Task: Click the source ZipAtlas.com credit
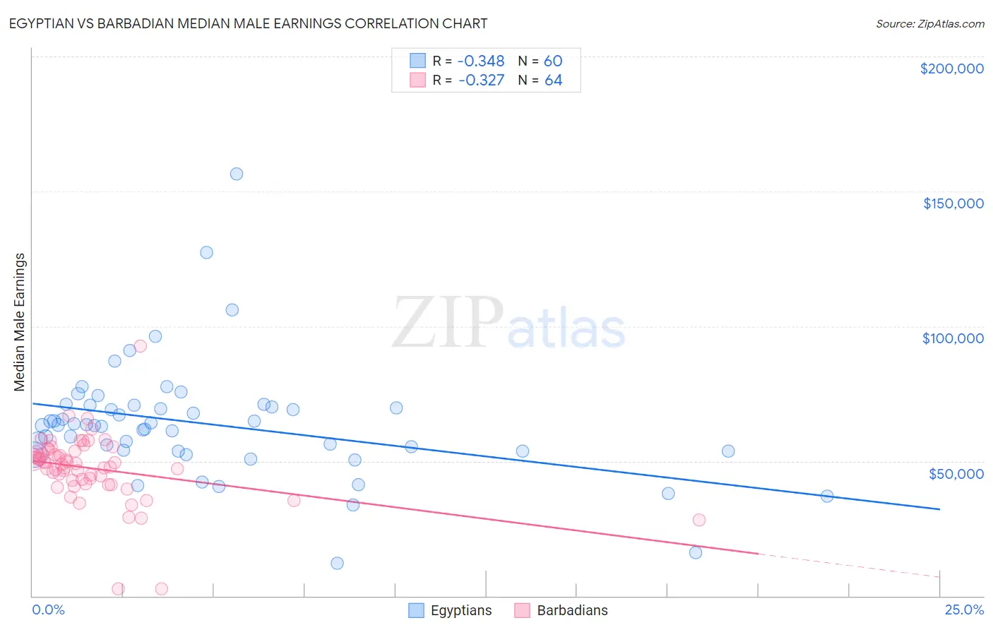(929, 24)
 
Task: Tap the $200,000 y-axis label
(951, 69)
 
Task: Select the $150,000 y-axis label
(953, 203)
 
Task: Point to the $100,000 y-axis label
(953, 338)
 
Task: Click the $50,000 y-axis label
(956, 473)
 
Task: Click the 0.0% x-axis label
(48, 610)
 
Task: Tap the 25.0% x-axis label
(964, 610)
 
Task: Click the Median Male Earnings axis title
(20, 322)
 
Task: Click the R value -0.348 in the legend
(481, 61)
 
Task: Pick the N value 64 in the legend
(553, 81)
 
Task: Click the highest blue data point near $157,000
(237, 174)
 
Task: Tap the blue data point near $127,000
(206, 252)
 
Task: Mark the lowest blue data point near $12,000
(338, 563)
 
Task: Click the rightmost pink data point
(699, 520)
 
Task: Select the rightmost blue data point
(827, 496)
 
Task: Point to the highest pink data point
(141, 346)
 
